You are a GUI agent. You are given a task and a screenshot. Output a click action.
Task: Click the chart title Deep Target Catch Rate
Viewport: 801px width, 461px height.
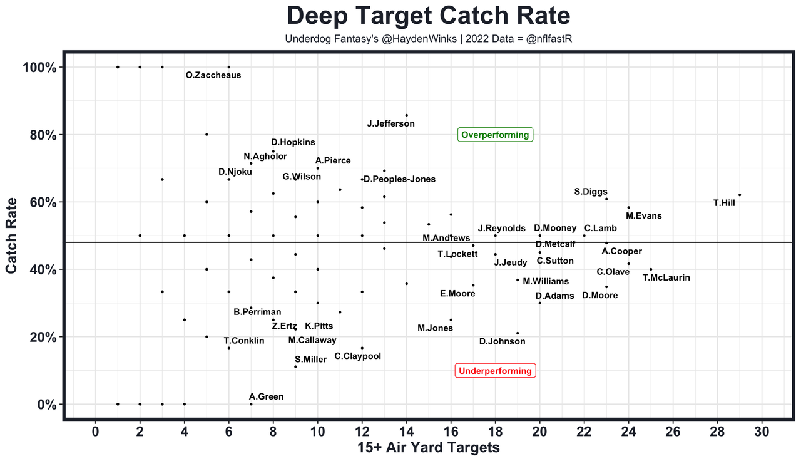pyautogui.click(x=429, y=16)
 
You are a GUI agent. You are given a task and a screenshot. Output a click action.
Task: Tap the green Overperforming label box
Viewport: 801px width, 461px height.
pyautogui.click(x=495, y=135)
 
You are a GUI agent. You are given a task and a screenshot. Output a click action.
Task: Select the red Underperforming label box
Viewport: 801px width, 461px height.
pyautogui.click(x=495, y=371)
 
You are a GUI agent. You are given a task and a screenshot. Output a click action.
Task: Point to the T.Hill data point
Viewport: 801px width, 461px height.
pyautogui.click(x=740, y=195)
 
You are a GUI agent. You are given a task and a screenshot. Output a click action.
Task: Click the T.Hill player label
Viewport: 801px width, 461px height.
pyautogui.click(x=724, y=203)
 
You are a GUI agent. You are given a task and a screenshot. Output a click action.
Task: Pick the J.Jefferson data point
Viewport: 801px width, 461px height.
pyautogui.click(x=407, y=115)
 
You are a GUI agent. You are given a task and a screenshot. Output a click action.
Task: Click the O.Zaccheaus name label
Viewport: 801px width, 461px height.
pyautogui.click(x=213, y=75)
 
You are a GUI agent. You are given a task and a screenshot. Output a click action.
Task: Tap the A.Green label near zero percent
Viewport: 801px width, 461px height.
pyautogui.click(x=266, y=396)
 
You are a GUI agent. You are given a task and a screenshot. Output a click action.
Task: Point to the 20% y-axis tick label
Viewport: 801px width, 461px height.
pyautogui.click(x=44, y=337)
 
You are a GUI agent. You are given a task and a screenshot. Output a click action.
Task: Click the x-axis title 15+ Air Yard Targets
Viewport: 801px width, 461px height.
pyautogui.click(x=429, y=447)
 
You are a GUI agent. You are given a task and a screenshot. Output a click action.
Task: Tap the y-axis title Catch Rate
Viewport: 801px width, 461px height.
pyautogui.click(x=11, y=236)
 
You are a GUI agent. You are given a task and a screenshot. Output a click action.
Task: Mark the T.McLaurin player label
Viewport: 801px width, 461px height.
pyautogui.click(x=666, y=277)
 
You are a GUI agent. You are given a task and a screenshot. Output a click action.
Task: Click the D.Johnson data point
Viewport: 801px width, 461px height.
pyautogui.click(x=518, y=333)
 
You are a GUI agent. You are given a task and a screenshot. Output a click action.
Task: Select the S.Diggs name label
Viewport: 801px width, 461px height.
pyautogui.click(x=591, y=192)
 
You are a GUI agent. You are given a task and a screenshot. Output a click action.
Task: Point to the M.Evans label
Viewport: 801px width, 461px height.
pyautogui.click(x=643, y=216)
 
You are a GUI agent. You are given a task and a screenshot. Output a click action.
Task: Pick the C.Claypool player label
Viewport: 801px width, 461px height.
pyautogui.click(x=357, y=356)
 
